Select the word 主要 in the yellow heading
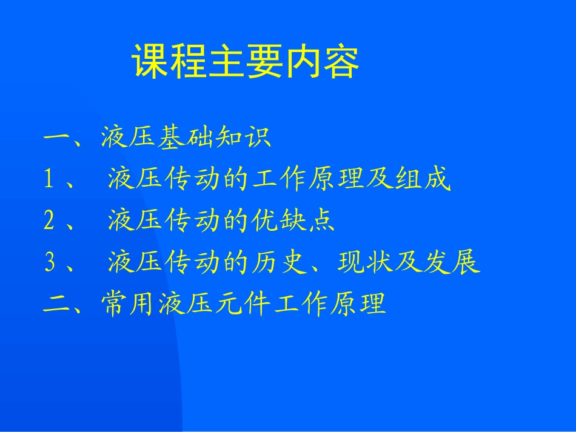click(245, 61)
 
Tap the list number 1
click(50, 180)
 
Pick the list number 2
click(50, 221)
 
